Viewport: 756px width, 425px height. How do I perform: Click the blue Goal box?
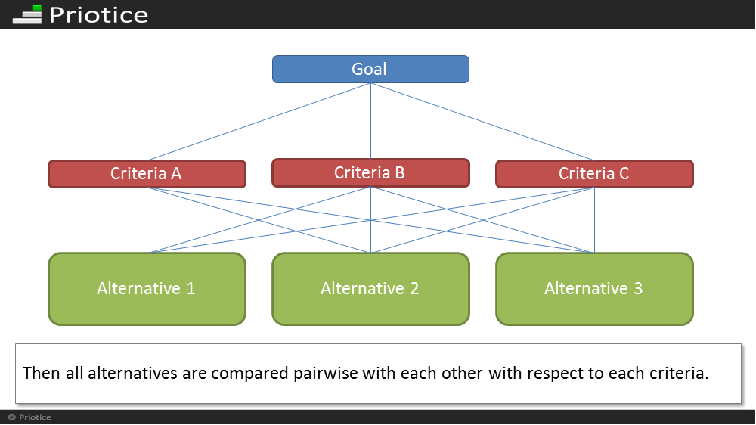click(370, 69)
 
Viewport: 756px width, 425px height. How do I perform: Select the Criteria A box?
click(147, 174)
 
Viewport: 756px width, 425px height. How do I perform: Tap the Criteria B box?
click(370, 172)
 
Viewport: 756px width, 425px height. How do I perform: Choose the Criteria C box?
click(594, 174)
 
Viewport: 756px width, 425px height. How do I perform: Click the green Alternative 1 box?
click(147, 288)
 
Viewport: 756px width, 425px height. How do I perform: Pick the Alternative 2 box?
click(370, 288)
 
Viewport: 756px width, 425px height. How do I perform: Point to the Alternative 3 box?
click(594, 288)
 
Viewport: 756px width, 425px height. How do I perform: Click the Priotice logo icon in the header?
click(27, 14)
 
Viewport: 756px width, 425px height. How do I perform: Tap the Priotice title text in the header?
click(99, 15)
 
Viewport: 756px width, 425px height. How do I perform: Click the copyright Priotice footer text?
click(30, 417)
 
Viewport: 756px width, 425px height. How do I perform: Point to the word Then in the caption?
click(42, 374)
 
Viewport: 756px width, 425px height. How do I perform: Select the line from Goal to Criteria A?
click(259, 122)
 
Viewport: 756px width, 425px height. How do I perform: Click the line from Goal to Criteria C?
click(482, 122)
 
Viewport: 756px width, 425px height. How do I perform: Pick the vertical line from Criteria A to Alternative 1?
click(147, 220)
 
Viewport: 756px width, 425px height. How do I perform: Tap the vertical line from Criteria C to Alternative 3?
click(594, 220)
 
